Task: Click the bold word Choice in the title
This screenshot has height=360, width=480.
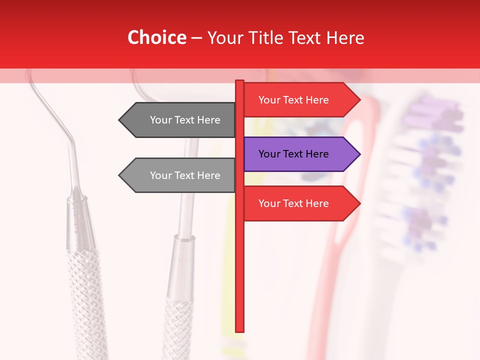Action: point(156,37)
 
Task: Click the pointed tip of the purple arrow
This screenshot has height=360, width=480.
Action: point(359,154)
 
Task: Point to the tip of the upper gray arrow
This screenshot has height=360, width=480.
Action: point(120,120)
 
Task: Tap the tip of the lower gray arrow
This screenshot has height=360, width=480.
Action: point(120,175)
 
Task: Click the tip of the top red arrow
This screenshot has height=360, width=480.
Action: point(359,100)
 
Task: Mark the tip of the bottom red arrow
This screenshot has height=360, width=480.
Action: point(359,203)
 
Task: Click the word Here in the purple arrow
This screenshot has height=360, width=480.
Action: point(316,154)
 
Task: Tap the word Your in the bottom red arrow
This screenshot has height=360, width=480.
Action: point(269,203)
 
